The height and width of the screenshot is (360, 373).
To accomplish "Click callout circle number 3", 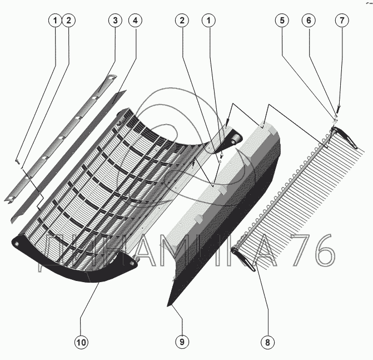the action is pyautogui.click(x=115, y=21).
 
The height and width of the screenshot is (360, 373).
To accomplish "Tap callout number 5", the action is pyautogui.click(x=282, y=21).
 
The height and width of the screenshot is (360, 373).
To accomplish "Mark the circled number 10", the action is pyautogui.click(x=81, y=342).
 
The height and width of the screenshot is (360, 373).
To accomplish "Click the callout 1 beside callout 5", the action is pyautogui.click(x=209, y=21).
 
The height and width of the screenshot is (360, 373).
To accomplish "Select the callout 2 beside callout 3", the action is pyautogui.click(x=68, y=21).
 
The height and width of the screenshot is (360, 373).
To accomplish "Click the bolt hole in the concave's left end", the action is pyautogui.click(x=19, y=243).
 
